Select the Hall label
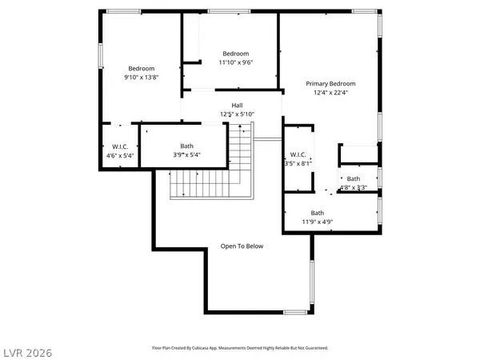[x=237, y=106]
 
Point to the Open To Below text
[x=242, y=246]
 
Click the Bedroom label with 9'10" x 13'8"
[x=140, y=69]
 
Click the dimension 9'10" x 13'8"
[x=140, y=78]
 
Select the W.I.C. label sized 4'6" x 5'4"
[x=120, y=146]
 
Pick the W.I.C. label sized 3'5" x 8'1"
[x=298, y=154]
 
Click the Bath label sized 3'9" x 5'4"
[x=186, y=146]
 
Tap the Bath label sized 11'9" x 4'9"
[x=318, y=213]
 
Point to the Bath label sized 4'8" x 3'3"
[x=353, y=179]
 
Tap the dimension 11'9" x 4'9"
[x=318, y=222]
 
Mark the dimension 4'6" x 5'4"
[x=120, y=155]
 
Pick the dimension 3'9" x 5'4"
[x=186, y=155]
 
